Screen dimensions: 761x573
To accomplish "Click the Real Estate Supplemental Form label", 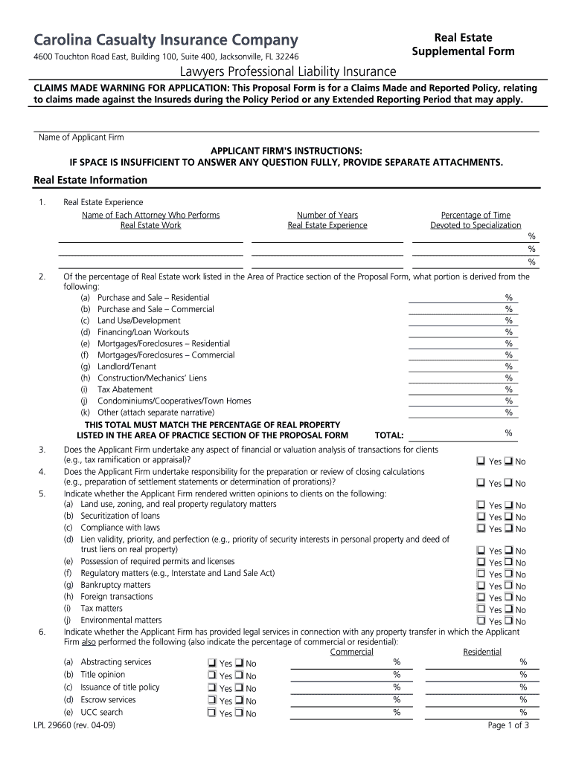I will pos(463,45).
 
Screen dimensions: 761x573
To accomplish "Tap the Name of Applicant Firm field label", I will pos(81,137).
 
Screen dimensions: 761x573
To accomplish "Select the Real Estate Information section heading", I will pos(91,180).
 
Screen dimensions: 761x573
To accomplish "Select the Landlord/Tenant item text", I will pos(127,366).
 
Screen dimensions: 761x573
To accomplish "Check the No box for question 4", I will pos(508,482).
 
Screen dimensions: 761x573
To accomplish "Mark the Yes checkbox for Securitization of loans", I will pos(481,516).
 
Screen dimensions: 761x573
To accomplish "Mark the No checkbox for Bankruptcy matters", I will pos(508,586).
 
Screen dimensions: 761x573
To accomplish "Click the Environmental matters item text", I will pos(121,620).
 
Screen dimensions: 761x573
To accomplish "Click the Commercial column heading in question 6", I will pos(351,652).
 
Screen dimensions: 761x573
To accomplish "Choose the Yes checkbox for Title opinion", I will pos(211,676).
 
